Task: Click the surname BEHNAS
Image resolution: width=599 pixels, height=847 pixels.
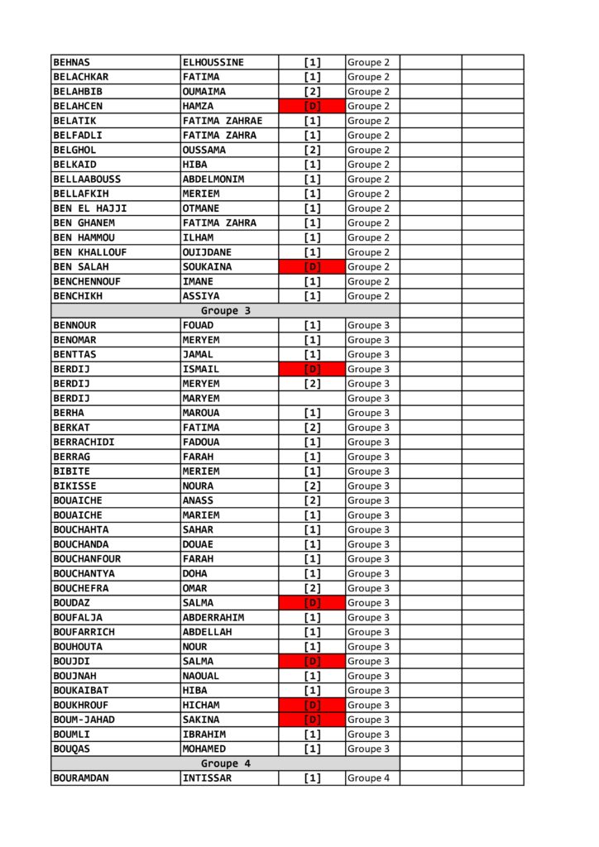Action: (72, 62)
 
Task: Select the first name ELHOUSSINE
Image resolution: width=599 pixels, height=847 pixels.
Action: (213, 62)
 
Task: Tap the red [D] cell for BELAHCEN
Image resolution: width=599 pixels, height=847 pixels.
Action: (312, 106)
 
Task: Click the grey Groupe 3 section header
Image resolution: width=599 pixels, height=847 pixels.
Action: (225, 311)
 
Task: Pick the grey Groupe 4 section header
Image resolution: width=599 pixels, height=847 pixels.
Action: (225, 763)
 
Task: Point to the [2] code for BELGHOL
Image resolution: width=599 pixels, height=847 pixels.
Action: (312, 150)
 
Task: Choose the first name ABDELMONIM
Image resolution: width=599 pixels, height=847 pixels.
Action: (213, 179)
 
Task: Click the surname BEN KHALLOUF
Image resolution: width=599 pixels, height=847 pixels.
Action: (89, 252)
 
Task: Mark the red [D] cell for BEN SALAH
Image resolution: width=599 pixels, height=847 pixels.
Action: (312, 267)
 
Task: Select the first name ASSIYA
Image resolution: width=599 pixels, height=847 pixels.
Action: (201, 296)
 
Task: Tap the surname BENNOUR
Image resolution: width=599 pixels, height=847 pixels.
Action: (74, 325)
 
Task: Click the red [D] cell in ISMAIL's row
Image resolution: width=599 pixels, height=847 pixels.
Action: (312, 369)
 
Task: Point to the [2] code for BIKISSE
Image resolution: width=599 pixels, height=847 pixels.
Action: (312, 486)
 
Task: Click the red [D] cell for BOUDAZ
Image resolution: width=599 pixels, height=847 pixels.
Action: (312, 603)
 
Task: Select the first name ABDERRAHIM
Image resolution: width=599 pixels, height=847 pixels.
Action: (213, 618)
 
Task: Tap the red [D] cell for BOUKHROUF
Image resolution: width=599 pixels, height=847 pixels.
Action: (312, 706)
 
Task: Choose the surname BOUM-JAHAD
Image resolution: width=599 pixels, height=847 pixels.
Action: (84, 720)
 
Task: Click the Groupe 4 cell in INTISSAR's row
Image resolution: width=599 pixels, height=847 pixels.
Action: (369, 778)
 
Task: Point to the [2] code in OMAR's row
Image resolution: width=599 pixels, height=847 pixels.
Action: (312, 588)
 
